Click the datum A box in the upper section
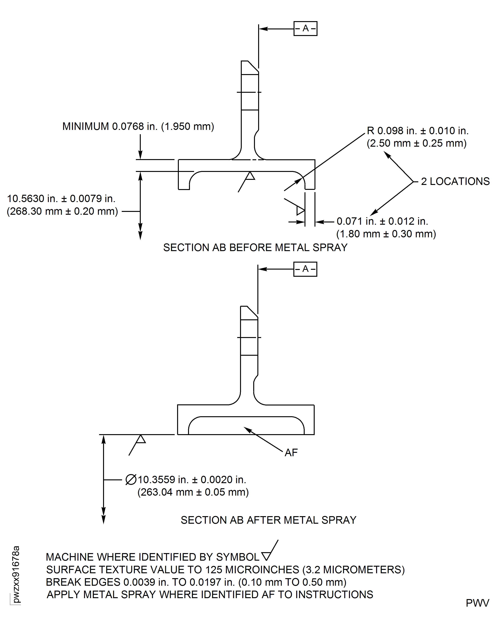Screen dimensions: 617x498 pyautogui.click(x=305, y=28)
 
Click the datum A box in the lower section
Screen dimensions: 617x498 pyautogui.click(x=305, y=269)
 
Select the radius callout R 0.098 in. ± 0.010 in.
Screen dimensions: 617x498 pyautogui.click(x=417, y=131)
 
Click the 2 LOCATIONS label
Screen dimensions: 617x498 pyautogui.click(x=455, y=181)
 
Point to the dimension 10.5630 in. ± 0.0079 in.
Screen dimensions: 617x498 pyautogui.click(x=61, y=199)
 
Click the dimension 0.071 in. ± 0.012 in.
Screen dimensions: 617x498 pyautogui.click(x=382, y=221)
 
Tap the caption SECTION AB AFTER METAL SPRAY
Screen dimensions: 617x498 pyautogui.click(x=268, y=520)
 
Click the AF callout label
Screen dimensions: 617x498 pyautogui.click(x=291, y=453)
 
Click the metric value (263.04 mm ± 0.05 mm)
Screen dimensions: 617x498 pyautogui.click(x=193, y=492)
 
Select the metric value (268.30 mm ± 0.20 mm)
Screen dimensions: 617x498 pyautogui.click(x=62, y=211)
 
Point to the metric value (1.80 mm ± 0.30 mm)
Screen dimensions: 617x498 pyautogui.click(x=386, y=234)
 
